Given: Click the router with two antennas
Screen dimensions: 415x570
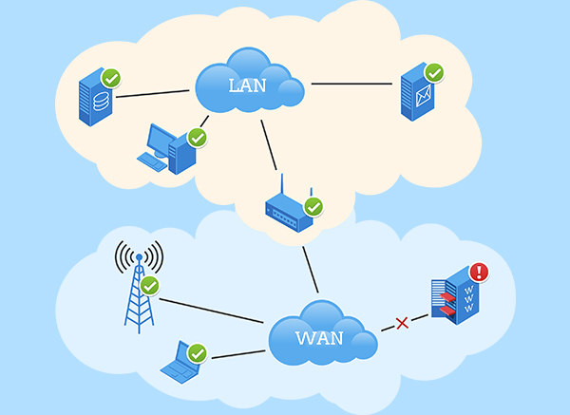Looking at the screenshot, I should (288, 210).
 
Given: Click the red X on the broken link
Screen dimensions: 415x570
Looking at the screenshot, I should (402, 323).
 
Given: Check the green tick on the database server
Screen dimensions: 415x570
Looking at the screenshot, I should (111, 77).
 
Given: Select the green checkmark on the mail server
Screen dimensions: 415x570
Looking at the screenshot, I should (434, 72).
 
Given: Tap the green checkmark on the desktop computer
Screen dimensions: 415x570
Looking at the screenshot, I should (198, 137).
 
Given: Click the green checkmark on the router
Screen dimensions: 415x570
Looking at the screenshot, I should (313, 205).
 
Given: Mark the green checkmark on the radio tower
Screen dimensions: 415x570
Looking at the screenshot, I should (149, 285).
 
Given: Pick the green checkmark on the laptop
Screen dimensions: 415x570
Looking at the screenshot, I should (198, 353).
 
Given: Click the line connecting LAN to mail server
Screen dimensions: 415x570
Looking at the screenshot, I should (351, 84).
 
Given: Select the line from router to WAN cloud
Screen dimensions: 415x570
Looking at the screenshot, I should (309, 268).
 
